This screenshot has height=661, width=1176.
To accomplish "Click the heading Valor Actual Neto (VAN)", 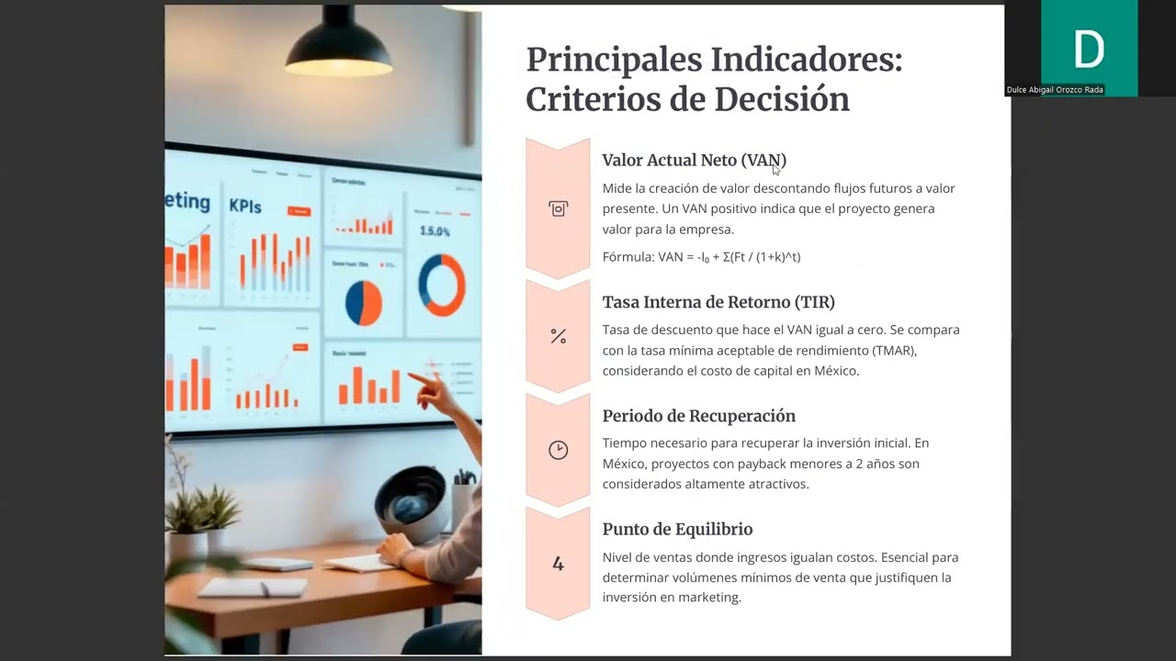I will (x=694, y=161).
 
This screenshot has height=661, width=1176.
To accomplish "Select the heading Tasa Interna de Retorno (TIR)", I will (x=718, y=302).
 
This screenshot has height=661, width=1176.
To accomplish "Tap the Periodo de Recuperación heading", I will (x=698, y=416).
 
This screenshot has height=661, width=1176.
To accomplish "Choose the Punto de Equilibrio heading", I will (x=677, y=530).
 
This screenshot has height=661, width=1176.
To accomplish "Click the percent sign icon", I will (x=558, y=337).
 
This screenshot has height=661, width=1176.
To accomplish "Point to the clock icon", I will (x=558, y=450).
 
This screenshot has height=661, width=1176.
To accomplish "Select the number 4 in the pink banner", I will (x=558, y=564).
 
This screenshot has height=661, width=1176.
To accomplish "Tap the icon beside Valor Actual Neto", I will (x=558, y=209).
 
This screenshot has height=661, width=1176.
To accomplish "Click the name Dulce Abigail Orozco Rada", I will (x=1054, y=90).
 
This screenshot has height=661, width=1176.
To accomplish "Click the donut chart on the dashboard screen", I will (x=442, y=285).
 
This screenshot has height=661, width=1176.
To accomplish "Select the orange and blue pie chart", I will (x=364, y=303).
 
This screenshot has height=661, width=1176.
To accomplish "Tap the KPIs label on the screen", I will (x=245, y=206).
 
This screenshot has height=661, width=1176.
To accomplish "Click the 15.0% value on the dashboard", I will (x=435, y=231).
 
